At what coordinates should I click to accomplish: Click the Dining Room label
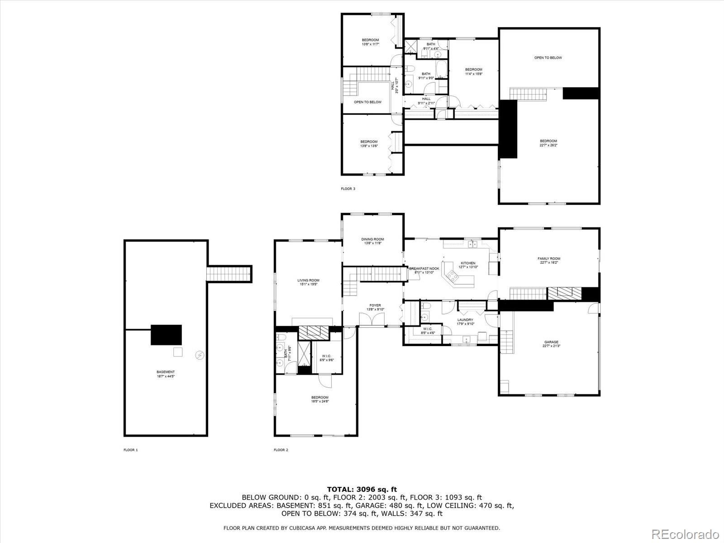click(372, 241)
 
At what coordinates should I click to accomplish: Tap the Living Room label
click(308, 282)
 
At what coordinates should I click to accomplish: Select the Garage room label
click(551, 344)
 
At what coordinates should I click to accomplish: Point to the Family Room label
click(548, 261)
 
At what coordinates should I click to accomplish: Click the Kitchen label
click(468, 265)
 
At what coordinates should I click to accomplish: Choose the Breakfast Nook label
click(424, 270)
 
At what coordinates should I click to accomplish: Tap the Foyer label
click(375, 307)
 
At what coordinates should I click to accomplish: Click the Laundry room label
click(465, 321)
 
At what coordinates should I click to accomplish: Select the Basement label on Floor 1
click(166, 374)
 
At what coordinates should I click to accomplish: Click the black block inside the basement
click(166, 335)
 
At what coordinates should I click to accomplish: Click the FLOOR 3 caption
click(348, 189)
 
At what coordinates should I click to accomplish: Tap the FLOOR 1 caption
click(130, 450)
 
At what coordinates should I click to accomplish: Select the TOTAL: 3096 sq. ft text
click(362, 489)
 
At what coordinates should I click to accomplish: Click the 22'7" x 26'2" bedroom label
click(548, 143)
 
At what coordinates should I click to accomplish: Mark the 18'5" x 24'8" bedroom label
click(319, 399)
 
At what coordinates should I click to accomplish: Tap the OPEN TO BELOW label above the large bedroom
click(548, 58)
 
